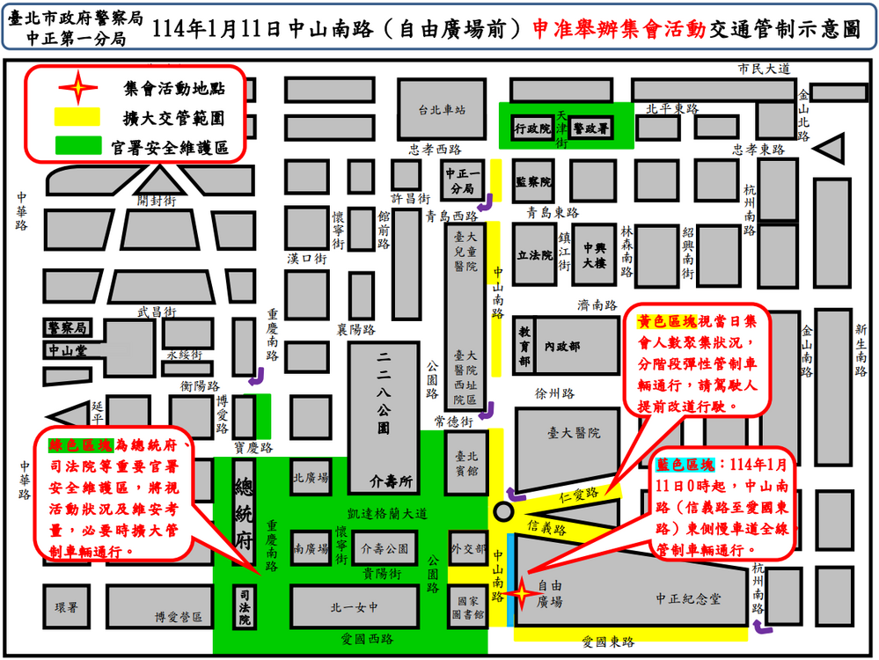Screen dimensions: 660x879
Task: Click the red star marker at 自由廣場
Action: (520, 595)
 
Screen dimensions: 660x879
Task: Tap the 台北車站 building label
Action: (440, 110)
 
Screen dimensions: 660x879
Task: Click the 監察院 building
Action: (532, 182)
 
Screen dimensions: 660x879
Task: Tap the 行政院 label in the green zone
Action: (531, 128)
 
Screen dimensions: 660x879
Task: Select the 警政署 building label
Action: (590, 128)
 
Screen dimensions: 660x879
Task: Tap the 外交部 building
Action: (466, 549)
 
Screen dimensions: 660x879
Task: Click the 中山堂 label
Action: (66, 350)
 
